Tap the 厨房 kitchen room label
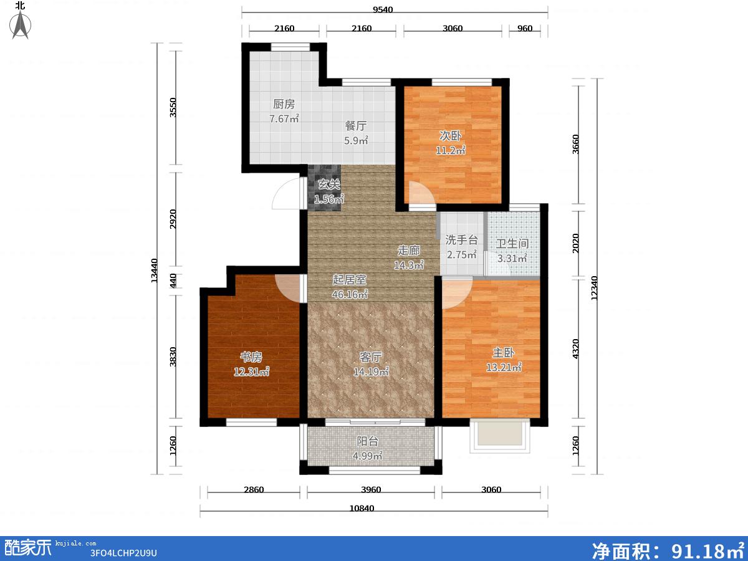point(284,104)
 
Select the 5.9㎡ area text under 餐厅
point(356,140)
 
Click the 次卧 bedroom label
point(450,135)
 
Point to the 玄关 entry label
point(329,185)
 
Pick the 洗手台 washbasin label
point(461,240)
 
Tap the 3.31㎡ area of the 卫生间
point(512,258)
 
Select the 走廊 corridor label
point(408,251)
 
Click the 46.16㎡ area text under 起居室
point(350,294)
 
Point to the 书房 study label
point(251,357)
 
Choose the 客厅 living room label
point(370,357)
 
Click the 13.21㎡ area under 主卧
point(503,367)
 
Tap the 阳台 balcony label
point(367,441)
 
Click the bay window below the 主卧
point(500,436)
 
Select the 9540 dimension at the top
point(383,9)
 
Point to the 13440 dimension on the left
point(155,271)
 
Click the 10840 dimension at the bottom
point(362,508)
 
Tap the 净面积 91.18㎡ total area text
point(667,550)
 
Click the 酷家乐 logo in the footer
point(27,548)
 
